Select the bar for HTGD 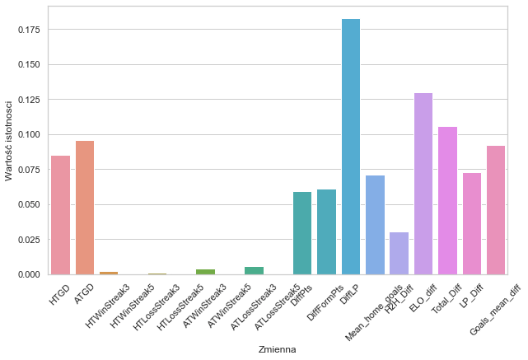point(60,215)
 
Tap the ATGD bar point(85,208)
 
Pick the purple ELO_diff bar point(423,184)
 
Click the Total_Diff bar point(447,200)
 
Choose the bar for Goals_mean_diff point(496,210)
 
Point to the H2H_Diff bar point(400,253)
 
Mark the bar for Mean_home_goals point(375,225)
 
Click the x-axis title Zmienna point(277,349)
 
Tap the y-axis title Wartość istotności point(10,140)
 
